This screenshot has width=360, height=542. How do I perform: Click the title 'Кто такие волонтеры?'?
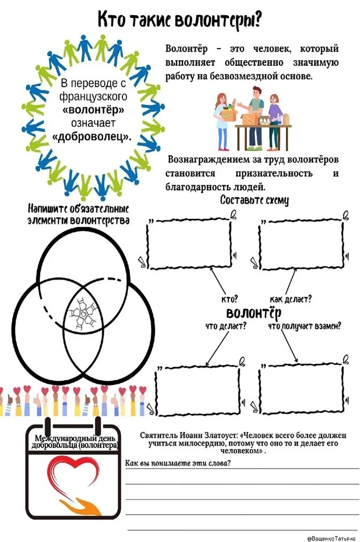pyautogui.click(x=180, y=20)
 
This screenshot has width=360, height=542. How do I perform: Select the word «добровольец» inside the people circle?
pyautogui.click(x=91, y=136)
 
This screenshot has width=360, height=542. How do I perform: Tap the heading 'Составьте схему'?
pyautogui.click(x=255, y=200)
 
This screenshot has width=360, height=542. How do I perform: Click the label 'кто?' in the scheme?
pyautogui.click(x=229, y=299)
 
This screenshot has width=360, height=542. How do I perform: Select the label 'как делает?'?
pyautogui.click(x=291, y=299)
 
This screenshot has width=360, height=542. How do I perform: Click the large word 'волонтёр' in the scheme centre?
pyautogui.click(x=254, y=312)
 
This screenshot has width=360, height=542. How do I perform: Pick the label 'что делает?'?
pyautogui.click(x=226, y=325)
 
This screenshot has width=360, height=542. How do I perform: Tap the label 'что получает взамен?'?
pyautogui.click(x=304, y=325)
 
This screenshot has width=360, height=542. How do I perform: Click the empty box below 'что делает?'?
pyautogui.click(x=197, y=390)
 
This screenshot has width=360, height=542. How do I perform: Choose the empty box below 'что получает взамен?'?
pyautogui.click(x=303, y=389)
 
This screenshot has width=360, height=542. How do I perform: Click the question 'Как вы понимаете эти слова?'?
pyautogui.click(x=178, y=463)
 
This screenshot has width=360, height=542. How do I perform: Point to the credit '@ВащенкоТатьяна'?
pyautogui.click(x=331, y=536)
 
